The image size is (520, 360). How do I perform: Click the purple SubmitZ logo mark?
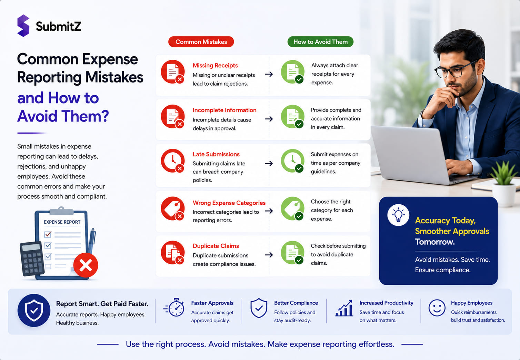pyautogui.click(x=23, y=26)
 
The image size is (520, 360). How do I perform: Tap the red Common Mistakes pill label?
pyautogui.click(x=201, y=42)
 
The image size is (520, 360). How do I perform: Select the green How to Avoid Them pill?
pyautogui.click(x=320, y=42)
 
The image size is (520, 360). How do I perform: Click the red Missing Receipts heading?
pyautogui.click(x=215, y=66)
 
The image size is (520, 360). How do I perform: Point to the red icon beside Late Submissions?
pyautogui.click(x=173, y=161)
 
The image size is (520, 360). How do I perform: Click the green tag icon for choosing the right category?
pyautogui.click(x=292, y=208)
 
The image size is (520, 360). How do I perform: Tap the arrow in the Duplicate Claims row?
pyautogui.click(x=269, y=255)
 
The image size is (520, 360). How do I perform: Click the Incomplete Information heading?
pyautogui.click(x=224, y=110)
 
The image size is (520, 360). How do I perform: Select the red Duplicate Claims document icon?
pyautogui.click(x=173, y=253)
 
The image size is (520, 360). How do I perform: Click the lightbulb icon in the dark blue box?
pyautogui.click(x=398, y=215)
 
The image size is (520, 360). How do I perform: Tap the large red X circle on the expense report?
pyautogui.click(x=86, y=265)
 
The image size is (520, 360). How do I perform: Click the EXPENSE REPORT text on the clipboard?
pyautogui.click(x=62, y=222)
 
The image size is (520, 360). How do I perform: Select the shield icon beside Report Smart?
pyautogui.click(x=34, y=311)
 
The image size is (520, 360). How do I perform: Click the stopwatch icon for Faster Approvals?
pyautogui.click(x=174, y=307)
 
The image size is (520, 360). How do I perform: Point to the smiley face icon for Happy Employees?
pyautogui.click(x=437, y=308)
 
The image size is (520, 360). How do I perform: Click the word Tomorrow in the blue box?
pyautogui.click(x=435, y=242)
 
